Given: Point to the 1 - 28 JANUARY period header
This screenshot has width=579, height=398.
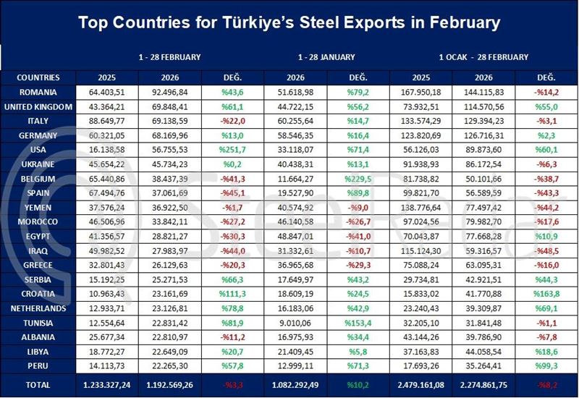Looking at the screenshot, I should click(x=326, y=56).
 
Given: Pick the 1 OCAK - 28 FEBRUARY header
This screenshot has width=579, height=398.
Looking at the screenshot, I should click(x=483, y=56).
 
